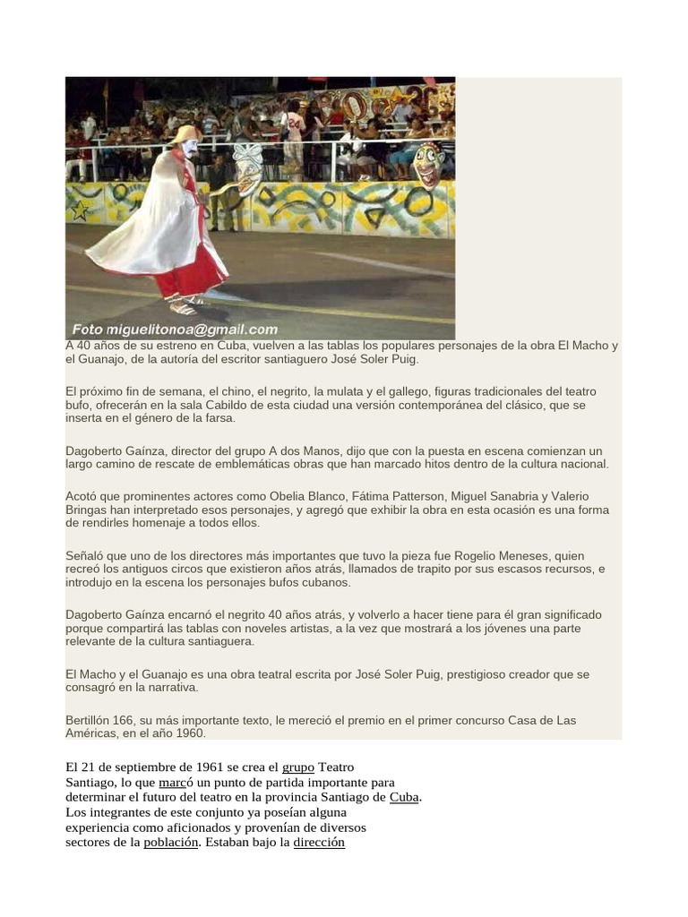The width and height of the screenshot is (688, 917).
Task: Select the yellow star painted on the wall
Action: click(x=79, y=211)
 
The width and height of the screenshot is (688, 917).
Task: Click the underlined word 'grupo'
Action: click(x=297, y=767)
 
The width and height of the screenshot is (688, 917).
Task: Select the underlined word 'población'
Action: click(x=170, y=843)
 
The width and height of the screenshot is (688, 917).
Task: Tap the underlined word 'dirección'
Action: click(x=319, y=843)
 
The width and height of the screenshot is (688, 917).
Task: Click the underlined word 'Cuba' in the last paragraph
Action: click(x=404, y=797)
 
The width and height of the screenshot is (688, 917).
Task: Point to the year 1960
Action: click(x=191, y=733)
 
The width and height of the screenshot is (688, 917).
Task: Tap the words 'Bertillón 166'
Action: click(x=101, y=720)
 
